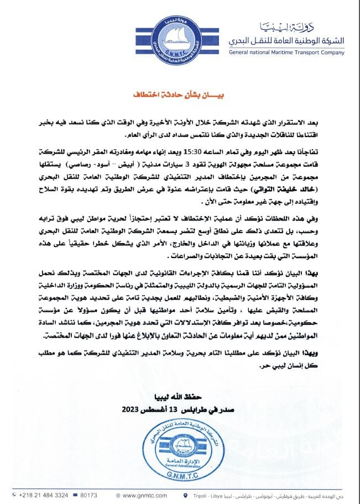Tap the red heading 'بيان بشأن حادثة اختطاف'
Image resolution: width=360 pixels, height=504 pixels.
(x=180, y=95)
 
